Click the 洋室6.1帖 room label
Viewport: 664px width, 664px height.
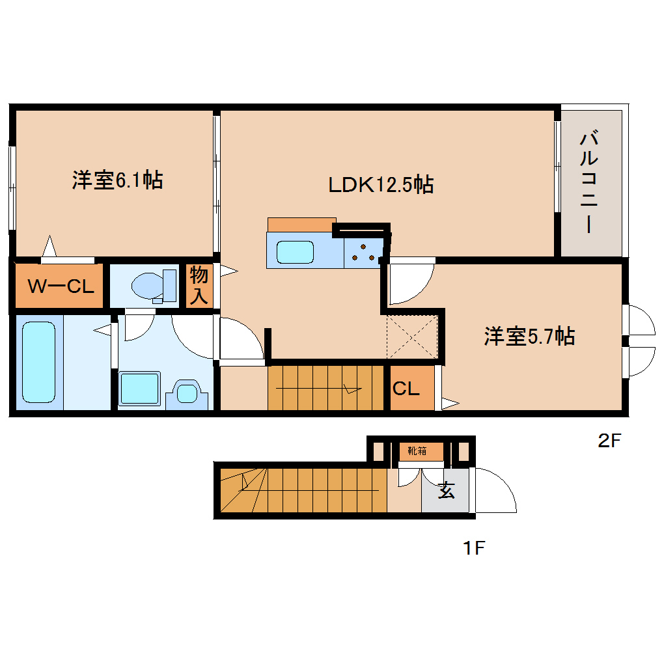click(x=117, y=180)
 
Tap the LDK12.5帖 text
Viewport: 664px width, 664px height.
click(x=381, y=186)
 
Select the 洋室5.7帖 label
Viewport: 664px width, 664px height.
click(x=529, y=337)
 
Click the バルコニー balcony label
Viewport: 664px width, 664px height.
click(x=589, y=182)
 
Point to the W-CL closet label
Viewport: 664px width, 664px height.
click(x=61, y=286)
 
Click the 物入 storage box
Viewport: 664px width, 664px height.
click(x=199, y=286)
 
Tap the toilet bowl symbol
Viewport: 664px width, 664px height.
click(x=150, y=285)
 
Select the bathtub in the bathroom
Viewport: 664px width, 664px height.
click(x=38, y=363)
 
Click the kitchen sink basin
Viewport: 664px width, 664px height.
click(x=294, y=252)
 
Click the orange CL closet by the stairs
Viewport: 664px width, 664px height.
click(x=410, y=389)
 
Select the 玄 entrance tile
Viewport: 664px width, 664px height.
click(x=446, y=491)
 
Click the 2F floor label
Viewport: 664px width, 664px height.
click(x=611, y=441)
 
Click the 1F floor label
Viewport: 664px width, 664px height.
click(x=475, y=549)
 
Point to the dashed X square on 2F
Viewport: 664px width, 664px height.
click(x=411, y=335)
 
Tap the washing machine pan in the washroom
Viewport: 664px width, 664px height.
click(x=139, y=389)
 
